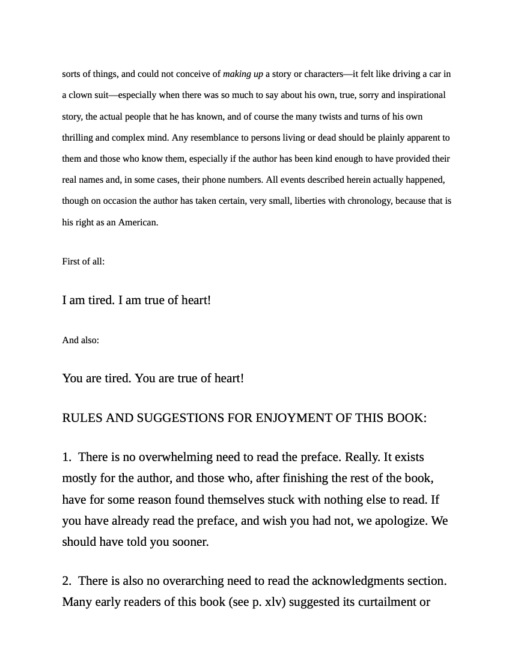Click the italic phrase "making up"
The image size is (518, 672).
(x=243, y=74)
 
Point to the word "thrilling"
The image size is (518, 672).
(x=78, y=138)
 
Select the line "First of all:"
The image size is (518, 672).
(x=83, y=261)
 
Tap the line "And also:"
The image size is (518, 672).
(x=81, y=340)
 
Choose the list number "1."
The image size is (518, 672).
(x=67, y=457)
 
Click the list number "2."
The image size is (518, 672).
(x=67, y=581)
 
